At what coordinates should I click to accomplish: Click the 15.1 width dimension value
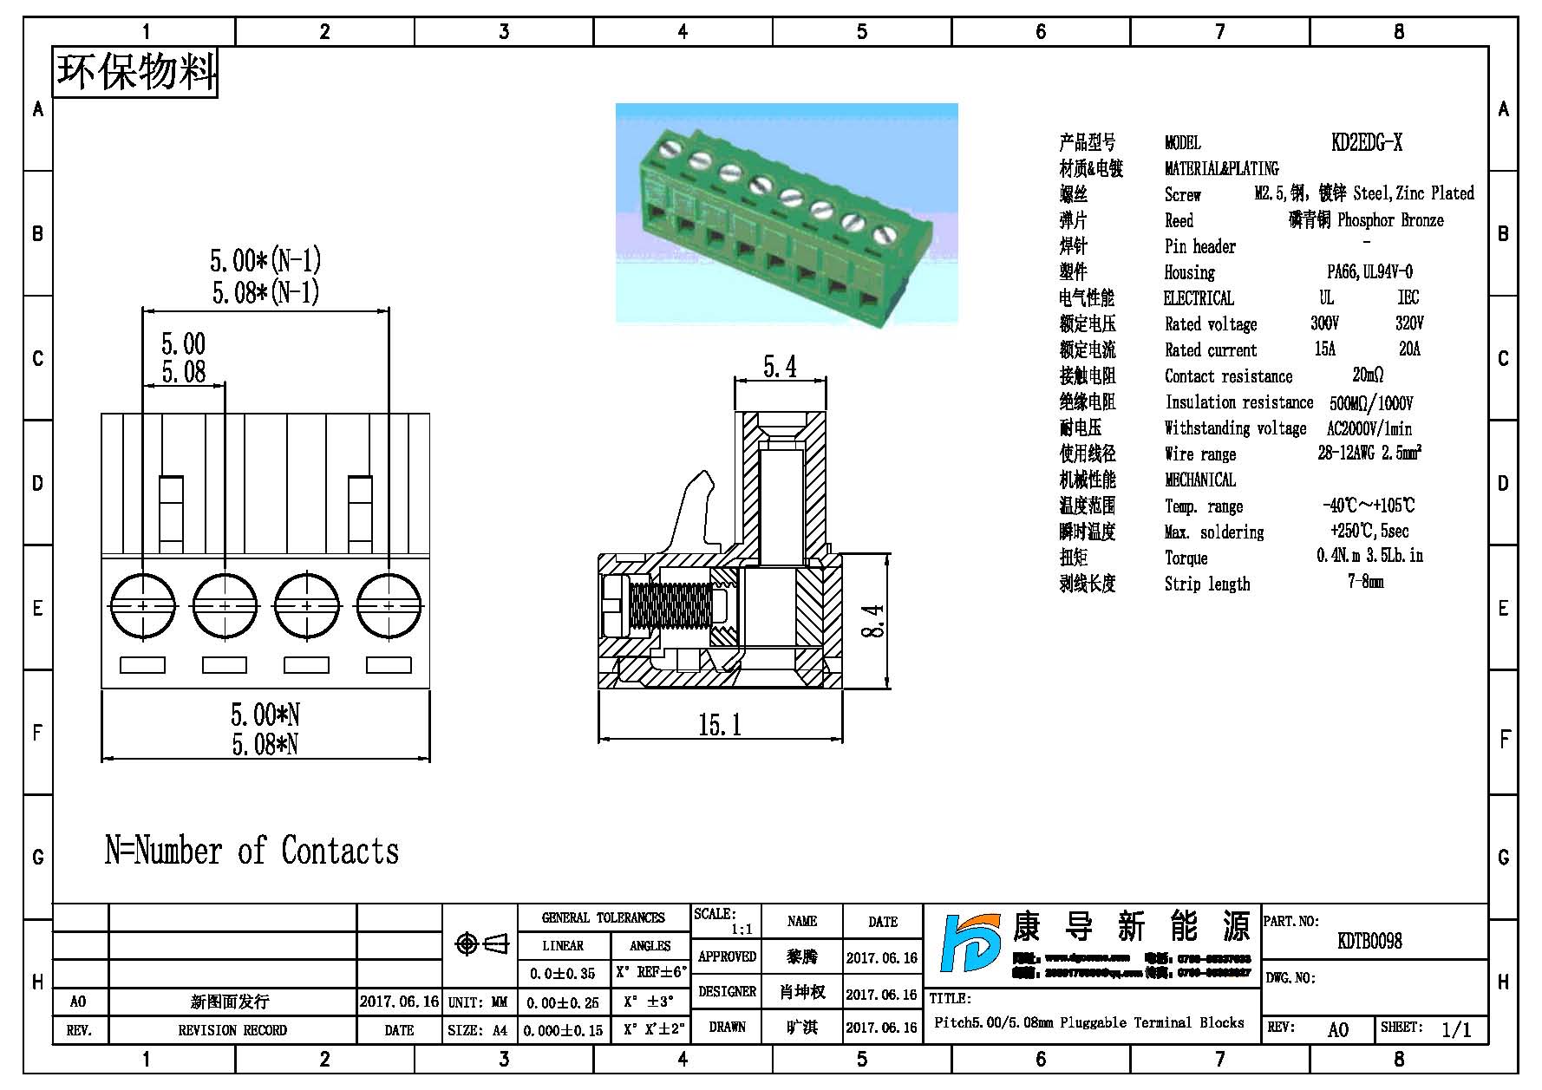[x=720, y=724]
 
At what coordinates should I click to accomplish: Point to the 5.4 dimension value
[x=780, y=367]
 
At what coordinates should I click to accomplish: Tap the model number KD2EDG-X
[x=1367, y=142]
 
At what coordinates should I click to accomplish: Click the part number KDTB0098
[x=1369, y=941]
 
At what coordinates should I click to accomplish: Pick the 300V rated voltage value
[x=1324, y=323]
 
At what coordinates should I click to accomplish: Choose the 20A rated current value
[x=1409, y=349]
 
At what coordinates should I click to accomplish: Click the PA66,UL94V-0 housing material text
[x=1369, y=271]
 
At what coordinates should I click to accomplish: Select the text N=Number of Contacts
[x=252, y=851]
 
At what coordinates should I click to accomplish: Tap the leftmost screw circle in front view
[x=142, y=604]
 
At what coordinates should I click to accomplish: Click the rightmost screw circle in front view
[x=389, y=604]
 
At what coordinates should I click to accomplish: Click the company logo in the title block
[x=970, y=953]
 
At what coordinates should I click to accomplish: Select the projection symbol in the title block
[x=482, y=943]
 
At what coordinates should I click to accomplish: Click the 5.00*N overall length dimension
[x=265, y=715]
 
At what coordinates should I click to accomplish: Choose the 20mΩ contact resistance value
[x=1368, y=375]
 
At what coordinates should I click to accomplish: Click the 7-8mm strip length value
[x=1366, y=582]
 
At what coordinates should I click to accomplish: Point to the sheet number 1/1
[x=1456, y=1029]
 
